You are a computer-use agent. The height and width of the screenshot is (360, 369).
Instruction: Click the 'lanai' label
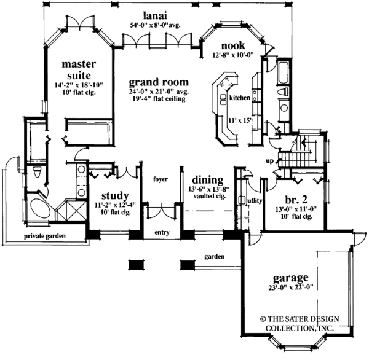156,15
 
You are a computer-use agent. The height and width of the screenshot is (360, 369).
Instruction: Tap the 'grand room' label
159,82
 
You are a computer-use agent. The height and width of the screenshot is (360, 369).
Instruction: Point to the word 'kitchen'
240,98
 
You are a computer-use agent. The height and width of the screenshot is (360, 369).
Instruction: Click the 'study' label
115,196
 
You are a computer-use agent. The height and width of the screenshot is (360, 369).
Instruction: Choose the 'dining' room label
208,181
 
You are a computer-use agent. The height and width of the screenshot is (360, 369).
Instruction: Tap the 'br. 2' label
296,200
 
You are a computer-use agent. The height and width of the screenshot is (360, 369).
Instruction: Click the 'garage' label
291,278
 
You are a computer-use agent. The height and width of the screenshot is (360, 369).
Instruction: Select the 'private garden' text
45,236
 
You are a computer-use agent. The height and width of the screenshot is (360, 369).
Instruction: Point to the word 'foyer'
161,179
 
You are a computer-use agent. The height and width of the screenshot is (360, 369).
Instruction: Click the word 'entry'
162,233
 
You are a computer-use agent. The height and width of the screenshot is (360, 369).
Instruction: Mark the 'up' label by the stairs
270,162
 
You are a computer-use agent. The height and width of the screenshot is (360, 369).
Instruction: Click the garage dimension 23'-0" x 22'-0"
292,288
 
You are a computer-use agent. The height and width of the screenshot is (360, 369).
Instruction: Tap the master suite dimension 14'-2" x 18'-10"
79,85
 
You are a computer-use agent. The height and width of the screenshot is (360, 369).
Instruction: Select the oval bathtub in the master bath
41,209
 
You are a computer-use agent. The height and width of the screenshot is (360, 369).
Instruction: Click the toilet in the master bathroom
37,173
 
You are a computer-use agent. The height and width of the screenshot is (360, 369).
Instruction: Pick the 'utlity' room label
255,201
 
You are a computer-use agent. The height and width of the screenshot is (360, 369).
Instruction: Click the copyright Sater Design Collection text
300,324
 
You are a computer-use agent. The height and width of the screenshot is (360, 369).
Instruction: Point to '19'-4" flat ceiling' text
159,99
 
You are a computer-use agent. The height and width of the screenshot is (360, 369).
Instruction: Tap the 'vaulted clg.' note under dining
210,196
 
